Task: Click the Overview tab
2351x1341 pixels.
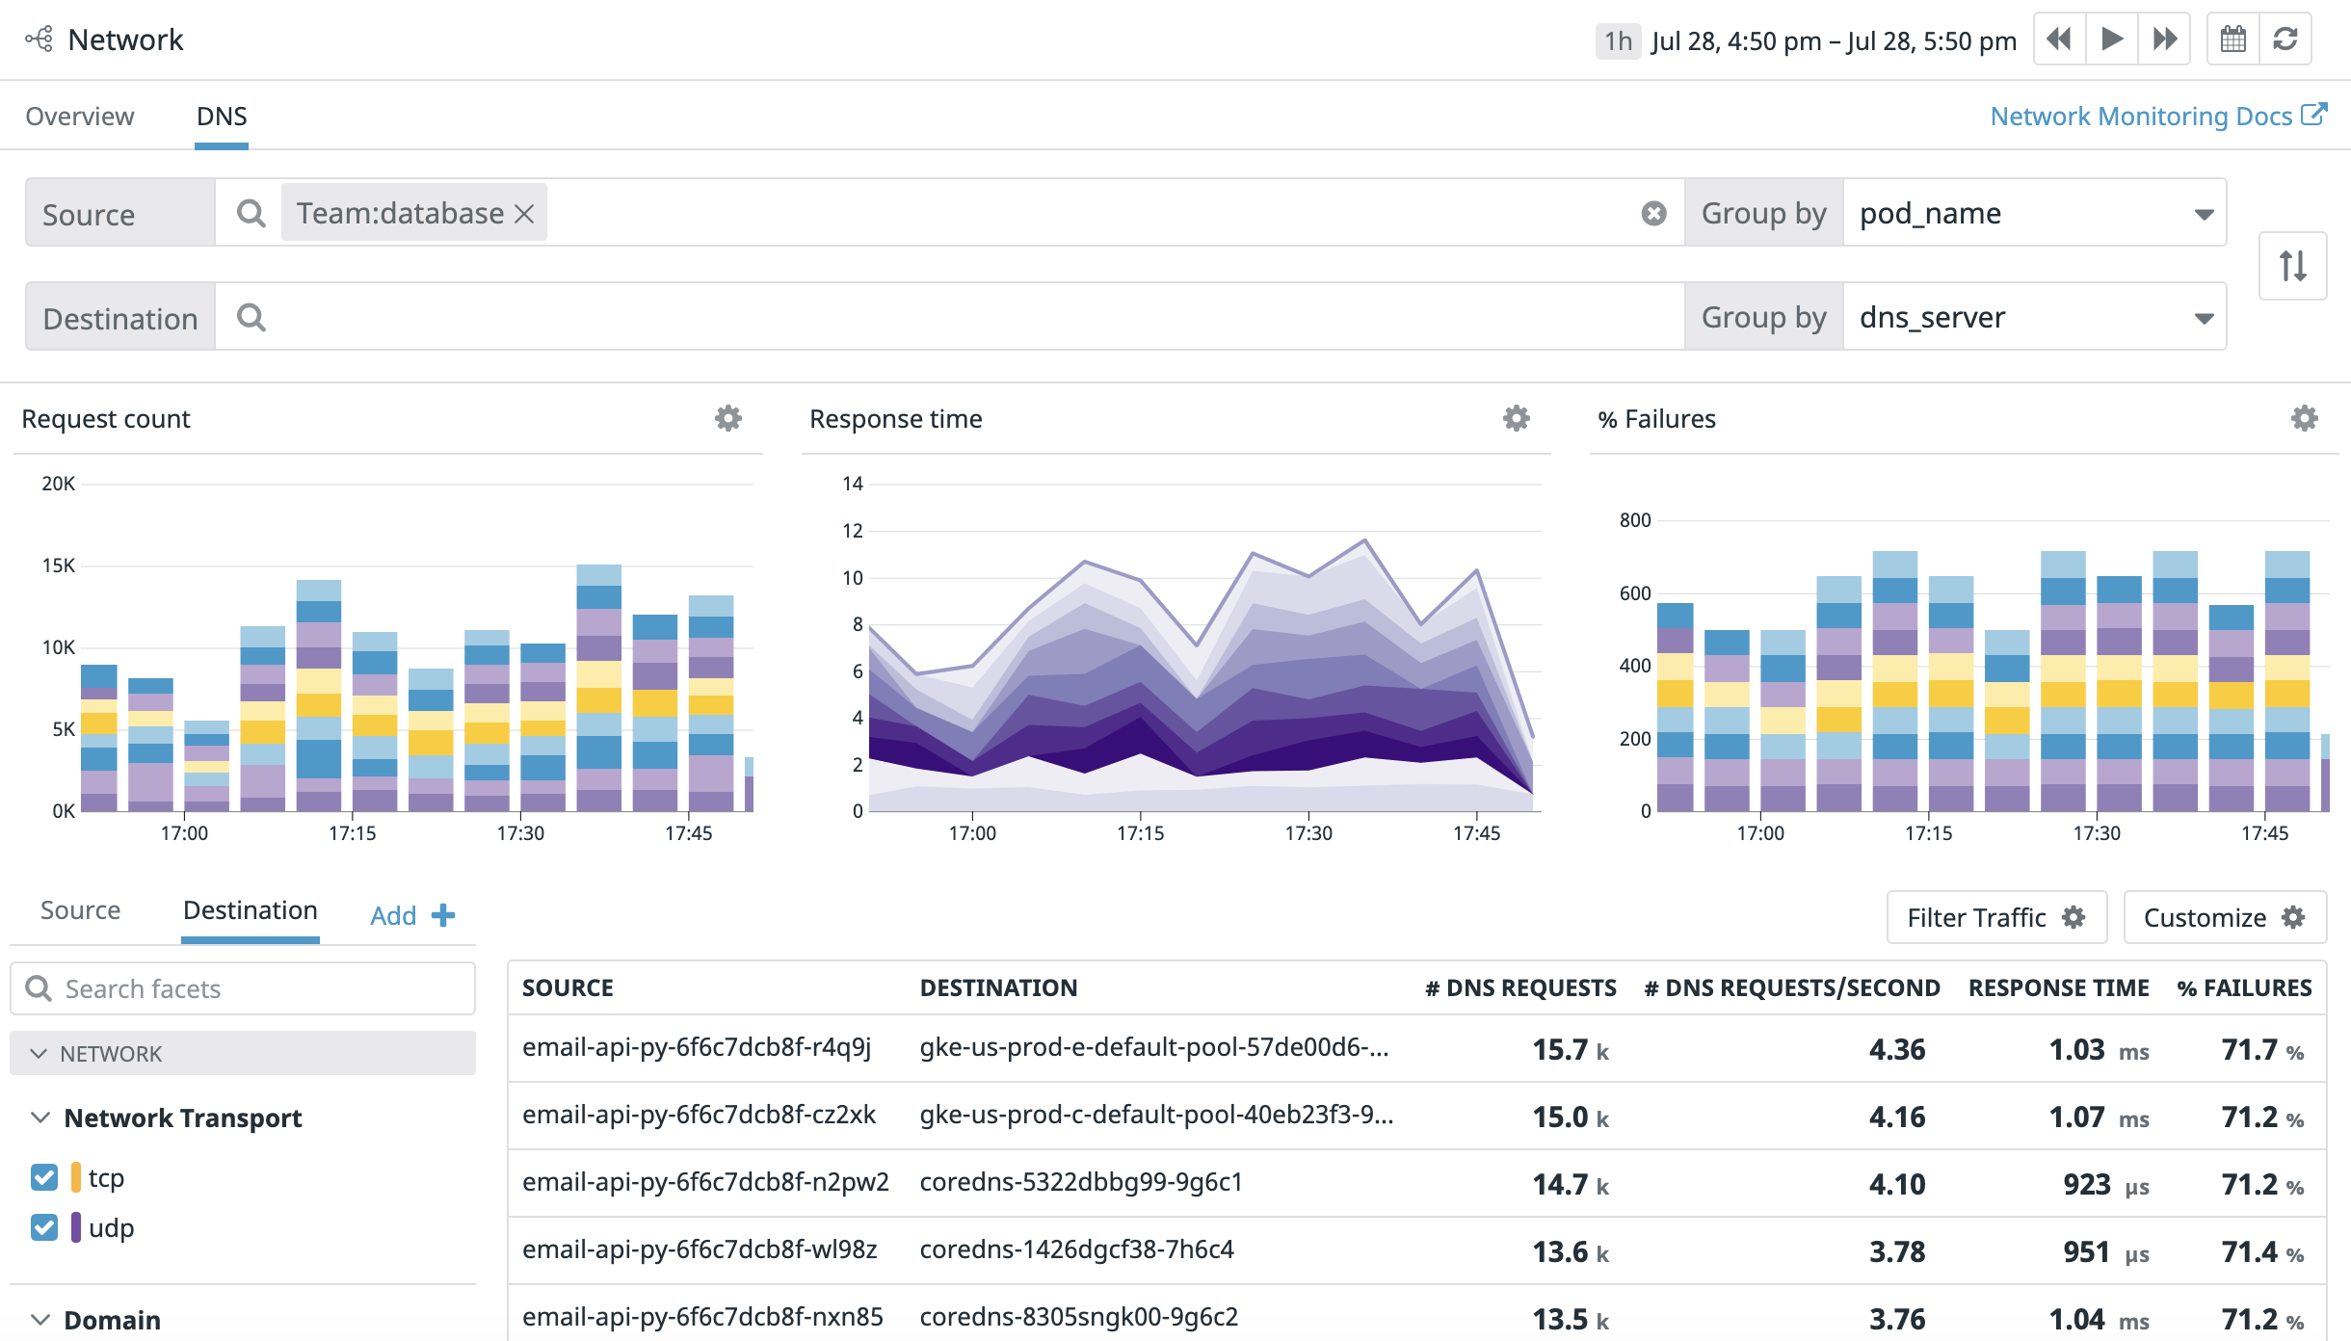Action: [x=80, y=117]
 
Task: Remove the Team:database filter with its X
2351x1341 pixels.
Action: [x=524, y=214]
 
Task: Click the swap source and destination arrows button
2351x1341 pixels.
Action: [x=2292, y=266]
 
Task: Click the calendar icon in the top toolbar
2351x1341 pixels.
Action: [x=2232, y=39]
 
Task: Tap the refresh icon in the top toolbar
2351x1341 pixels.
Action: [x=2285, y=39]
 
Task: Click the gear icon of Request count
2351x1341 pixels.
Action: [x=728, y=418]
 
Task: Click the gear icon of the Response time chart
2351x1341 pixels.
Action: [x=1517, y=418]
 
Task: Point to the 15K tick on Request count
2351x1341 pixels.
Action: [x=58, y=565]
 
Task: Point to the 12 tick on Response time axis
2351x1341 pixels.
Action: [x=853, y=531]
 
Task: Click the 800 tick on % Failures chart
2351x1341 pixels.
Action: [x=1635, y=520]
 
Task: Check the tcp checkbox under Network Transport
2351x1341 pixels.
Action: [x=44, y=1177]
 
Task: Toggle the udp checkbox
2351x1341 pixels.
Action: [x=44, y=1227]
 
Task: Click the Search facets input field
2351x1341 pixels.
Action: [x=243, y=988]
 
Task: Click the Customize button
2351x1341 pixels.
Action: [x=2224, y=917]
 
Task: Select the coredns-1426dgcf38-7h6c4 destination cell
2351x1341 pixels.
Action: [x=1076, y=1249]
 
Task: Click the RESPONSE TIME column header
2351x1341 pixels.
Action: [x=2058, y=987]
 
